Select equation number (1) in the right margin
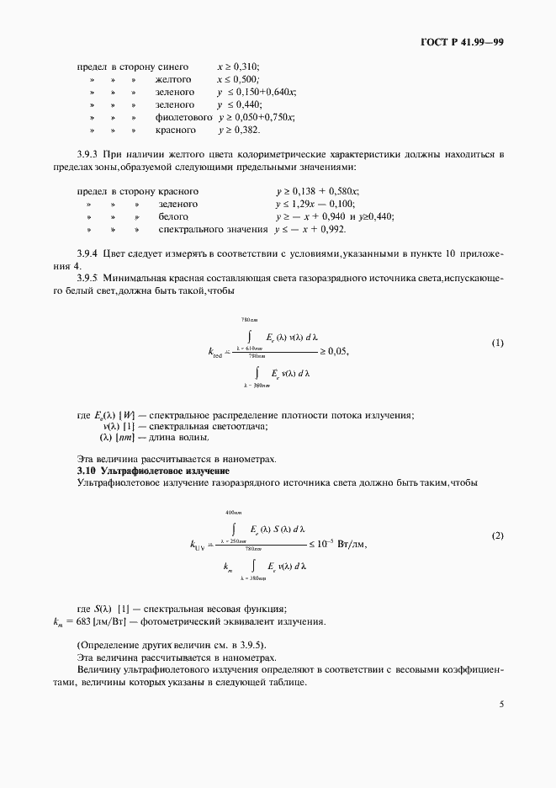click(x=497, y=343)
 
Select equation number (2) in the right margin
click(x=497, y=535)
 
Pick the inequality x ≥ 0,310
click(x=239, y=66)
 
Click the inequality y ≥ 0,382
click(x=239, y=130)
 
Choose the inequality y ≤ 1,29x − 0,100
click(x=315, y=204)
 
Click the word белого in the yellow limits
click(x=172, y=216)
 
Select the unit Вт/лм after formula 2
click(x=350, y=543)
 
